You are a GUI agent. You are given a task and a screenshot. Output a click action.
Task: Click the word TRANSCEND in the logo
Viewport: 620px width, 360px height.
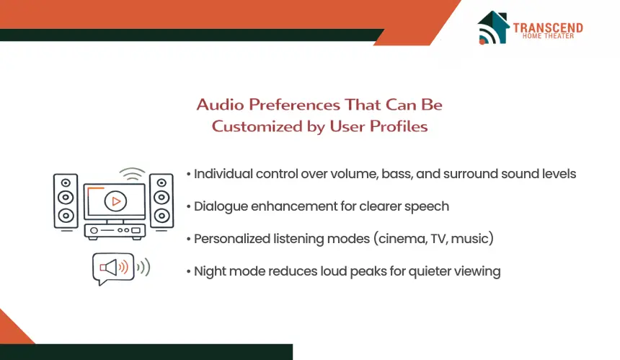tap(548, 27)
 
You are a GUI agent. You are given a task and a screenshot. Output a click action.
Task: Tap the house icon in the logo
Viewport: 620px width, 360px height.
tap(493, 27)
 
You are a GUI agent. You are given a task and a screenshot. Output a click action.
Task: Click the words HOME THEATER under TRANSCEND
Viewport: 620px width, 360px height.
tap(548, 36)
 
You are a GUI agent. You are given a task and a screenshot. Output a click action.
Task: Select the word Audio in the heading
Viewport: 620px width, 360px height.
tap(220, 105)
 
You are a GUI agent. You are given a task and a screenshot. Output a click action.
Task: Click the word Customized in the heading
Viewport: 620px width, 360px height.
tap(257, 126)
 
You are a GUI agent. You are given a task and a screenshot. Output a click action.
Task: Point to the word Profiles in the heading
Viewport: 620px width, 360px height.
tap(399, 126)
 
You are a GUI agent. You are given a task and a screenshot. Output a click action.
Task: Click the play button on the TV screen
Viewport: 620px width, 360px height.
tap(115, 201)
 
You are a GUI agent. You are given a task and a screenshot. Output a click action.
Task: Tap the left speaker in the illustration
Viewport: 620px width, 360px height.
tap(66, 201)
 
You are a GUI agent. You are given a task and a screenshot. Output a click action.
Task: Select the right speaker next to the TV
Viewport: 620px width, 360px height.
tap(161, 201)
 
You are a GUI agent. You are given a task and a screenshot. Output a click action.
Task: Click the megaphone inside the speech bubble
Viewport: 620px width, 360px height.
tap(108, 268)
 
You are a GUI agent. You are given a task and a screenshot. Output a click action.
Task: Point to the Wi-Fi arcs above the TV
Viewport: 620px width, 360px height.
tap(132, 174)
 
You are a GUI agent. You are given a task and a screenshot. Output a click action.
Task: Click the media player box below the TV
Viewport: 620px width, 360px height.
tap(115, 231)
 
